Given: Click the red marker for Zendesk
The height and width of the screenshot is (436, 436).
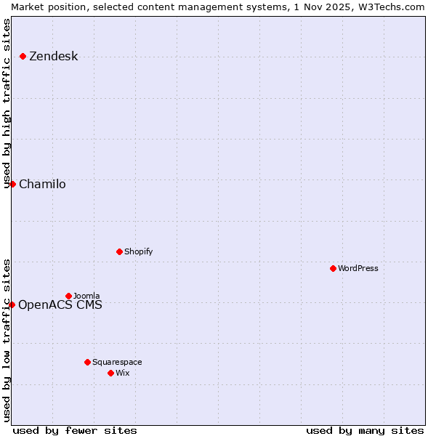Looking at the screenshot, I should coord(23,57).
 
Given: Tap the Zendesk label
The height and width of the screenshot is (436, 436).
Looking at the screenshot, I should coord(53,57).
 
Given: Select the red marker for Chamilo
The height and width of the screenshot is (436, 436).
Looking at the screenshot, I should coord(12,185).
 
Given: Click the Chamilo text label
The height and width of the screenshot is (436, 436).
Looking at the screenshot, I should coord(42,185).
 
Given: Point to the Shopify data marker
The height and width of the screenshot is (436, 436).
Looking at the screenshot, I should coord(119,252).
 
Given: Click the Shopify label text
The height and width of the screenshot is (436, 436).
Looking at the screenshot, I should coord(138,252).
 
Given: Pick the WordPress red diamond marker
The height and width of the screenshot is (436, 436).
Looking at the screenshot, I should coord(333,269).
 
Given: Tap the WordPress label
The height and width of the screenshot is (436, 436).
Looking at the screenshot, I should coord(358,269).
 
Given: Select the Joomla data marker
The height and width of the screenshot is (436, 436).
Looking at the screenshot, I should coord(69,296).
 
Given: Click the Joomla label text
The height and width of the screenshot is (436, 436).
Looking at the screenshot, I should coord(86,296).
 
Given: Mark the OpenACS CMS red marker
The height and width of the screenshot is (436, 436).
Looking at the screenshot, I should coord(12,305).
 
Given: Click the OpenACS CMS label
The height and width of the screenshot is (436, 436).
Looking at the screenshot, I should coord(60,305).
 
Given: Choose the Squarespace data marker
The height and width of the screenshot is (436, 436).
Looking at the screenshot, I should coord(87,362).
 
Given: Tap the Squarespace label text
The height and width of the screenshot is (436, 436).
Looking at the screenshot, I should coord(117,362).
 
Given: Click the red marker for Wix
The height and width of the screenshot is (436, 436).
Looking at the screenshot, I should coord(110,374).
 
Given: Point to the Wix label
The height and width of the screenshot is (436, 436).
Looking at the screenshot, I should coord(123,374).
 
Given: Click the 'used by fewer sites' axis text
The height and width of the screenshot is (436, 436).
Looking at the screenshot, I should coord(75,430).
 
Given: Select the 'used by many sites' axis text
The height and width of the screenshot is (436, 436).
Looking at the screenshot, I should coord(365,430).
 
